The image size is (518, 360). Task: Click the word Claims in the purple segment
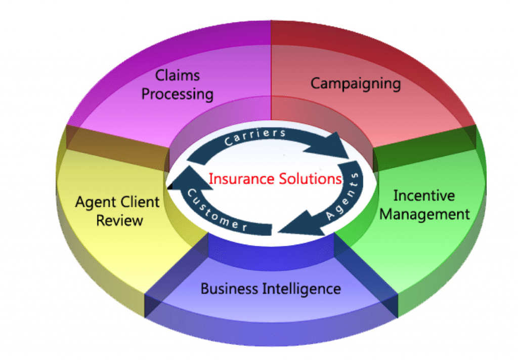(x=178, y=75)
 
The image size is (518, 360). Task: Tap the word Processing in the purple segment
(x=178, y=94)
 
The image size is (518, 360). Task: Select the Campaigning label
(x=356, y=84)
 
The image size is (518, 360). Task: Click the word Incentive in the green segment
(x=424, y=195)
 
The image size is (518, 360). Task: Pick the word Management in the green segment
(x=424, y=214)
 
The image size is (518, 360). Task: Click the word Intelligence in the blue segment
(x=301, y=289)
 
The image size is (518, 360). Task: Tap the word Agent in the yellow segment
(x=96, y=202)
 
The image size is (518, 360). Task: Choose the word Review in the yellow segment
(x=119, y=220)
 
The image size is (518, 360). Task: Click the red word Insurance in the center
(x=241, y=179)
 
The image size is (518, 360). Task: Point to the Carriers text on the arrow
(x=255, y=137)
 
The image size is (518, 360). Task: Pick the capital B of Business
(x=205, y=289)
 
